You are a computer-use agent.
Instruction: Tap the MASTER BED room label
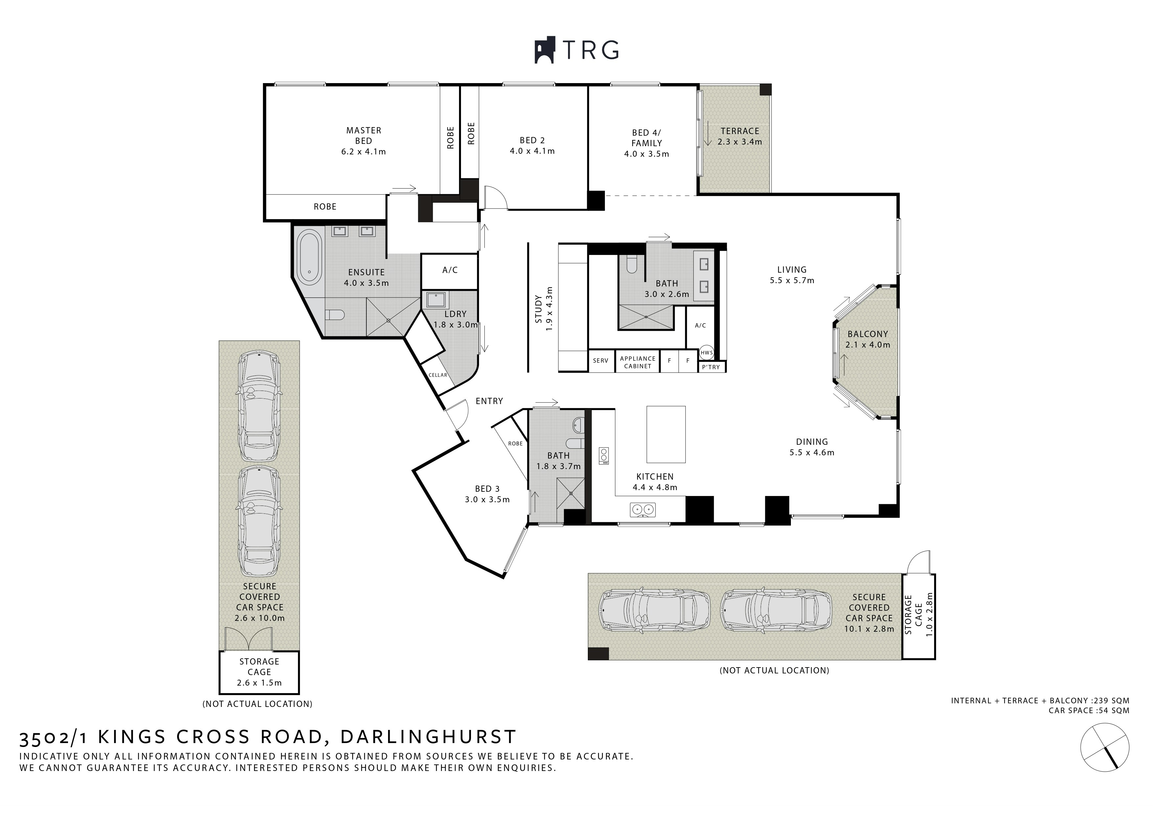point(363,136)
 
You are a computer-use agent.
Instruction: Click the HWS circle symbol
point(706,352)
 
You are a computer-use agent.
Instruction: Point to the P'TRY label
point(711,367)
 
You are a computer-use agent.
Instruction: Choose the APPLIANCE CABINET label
point(638,362)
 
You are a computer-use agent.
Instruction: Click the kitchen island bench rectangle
point(666,434)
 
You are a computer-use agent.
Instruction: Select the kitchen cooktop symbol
point(604,456)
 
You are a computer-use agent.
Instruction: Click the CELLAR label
point(438,375)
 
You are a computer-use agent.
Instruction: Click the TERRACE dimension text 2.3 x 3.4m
point(740,142)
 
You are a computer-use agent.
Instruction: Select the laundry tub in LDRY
point(435,300)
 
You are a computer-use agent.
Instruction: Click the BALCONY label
point(868,334)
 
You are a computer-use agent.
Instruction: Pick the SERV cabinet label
point(601,361)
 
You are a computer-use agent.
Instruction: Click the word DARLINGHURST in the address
point(428,737)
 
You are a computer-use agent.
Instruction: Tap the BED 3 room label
point(487,488)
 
